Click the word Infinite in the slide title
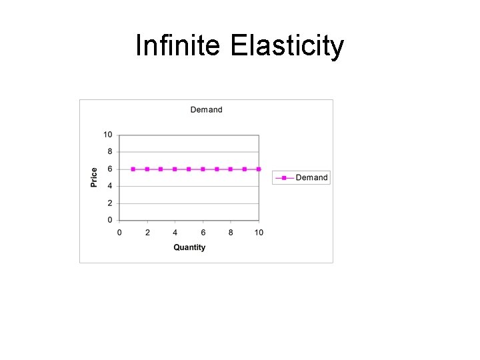click(179, 47)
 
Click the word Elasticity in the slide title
click(287, 47)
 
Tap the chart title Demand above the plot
click(206, 109)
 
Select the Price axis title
click(94, 177)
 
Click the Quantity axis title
click(189, 247)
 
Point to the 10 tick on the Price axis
click(107, 135)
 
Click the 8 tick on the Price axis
click(109, 152)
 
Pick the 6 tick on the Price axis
click(109, 169)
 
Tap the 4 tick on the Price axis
click(109, 186)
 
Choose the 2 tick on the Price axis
click(109, 203)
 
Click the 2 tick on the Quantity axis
click(147, 232)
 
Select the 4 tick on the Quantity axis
click(175, 232)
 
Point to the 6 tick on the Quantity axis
click(203, 232)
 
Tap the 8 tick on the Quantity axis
click(231, 232)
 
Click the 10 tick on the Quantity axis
click(259, 232)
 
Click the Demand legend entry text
click(311, 177)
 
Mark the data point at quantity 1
click(133, 169)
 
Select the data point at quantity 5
click(189, 169)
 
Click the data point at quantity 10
click(259, 169)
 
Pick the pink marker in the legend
click(284, 177)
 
